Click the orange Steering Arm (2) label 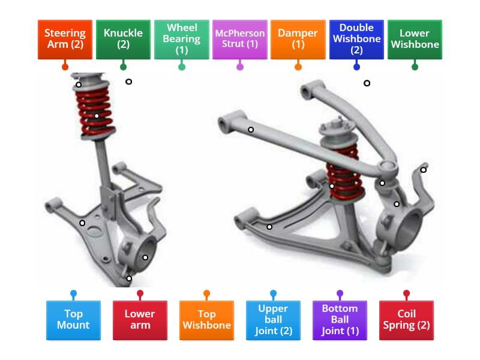click(x=65, y=39)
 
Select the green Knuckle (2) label click(x=123, y=39)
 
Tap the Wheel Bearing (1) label click(x=182, y=39)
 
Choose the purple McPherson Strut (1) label click(x=240, y=39)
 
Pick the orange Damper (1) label click(x=298, y=39)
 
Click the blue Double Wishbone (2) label click(x=356, y=39)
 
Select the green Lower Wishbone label click(x=415, y=39)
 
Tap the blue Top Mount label click(x=73, y=320)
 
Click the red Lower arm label click(x=140, y=320)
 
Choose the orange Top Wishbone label click(x=206, y=320)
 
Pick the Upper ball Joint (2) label click(x=273, y=320)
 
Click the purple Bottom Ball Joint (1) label click(x=340, y=320)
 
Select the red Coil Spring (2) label click(x=406, y=320)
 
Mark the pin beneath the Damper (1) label click(x=298, y=67)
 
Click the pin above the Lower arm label click(x=140, y=294)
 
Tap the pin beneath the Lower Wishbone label click(x=415, y=67)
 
